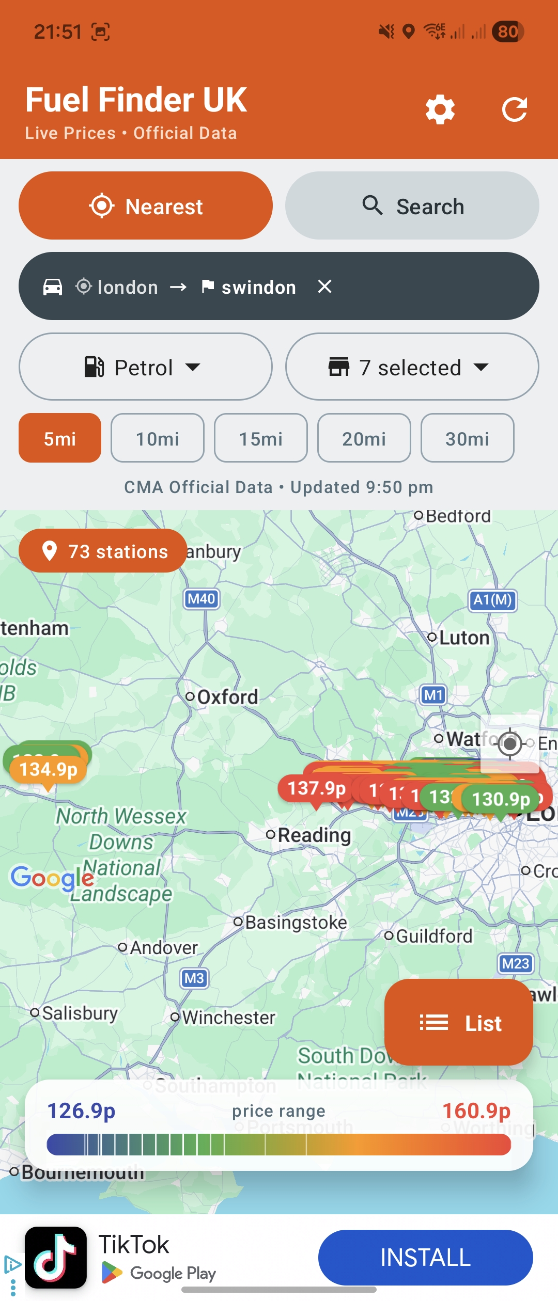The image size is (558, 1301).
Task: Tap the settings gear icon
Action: (x=440, y=109)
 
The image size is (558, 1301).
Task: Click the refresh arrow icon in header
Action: (x=515, y=109)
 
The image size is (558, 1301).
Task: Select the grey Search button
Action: (x=412, y=206)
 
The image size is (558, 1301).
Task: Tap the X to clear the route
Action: (x=324, y=287)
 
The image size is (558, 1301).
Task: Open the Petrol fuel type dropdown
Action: (x=145, y=367)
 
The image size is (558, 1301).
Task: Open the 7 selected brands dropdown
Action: (x=412, y=367)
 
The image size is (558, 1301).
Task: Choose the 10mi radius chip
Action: (x=158, y=438)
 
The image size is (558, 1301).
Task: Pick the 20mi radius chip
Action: (x=364, y=438)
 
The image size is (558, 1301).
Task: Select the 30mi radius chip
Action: (x=467, y=438)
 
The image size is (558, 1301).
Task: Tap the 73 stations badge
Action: (x=103, y=551)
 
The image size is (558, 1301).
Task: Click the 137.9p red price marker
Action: (x=316, y=788)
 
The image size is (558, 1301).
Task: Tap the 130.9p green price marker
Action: (x=500, y=799)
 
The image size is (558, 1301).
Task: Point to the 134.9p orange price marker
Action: (x=48, y=769)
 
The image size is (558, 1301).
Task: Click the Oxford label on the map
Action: (x=227, y=697)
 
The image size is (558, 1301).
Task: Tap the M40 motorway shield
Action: (x=202, y=599)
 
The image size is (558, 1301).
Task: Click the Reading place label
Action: (x=314, y=835)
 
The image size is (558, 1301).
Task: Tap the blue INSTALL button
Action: (x=425, y=1257)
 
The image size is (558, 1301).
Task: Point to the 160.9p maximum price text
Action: (x=476, y=1110)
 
